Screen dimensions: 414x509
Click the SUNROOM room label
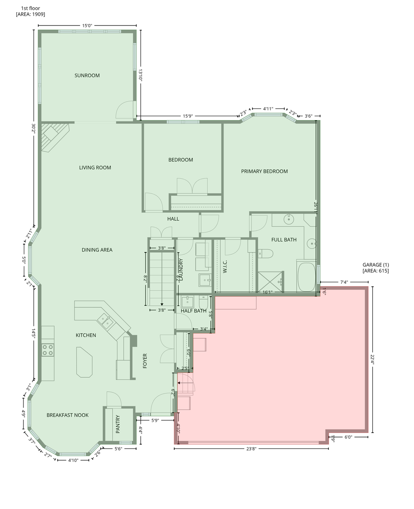point(87,76)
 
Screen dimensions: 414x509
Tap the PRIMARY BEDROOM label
point(264,171)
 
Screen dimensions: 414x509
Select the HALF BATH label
point(193,311)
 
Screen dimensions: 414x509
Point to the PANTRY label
point(118,424)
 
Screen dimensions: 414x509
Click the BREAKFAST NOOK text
point(67,415)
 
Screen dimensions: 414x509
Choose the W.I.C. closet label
point(225,266)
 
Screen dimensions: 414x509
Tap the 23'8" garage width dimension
point(251,449)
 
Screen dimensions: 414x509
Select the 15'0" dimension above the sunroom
point(87,25)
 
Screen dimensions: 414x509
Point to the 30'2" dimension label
point(33,128)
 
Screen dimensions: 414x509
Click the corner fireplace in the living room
point(54,137)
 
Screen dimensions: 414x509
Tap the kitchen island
point(84,362)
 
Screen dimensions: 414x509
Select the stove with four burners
point(48,350)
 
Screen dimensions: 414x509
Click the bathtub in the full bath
point(307,277)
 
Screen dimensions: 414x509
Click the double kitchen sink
point(105,321)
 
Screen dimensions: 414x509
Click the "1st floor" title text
point(30,8)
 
